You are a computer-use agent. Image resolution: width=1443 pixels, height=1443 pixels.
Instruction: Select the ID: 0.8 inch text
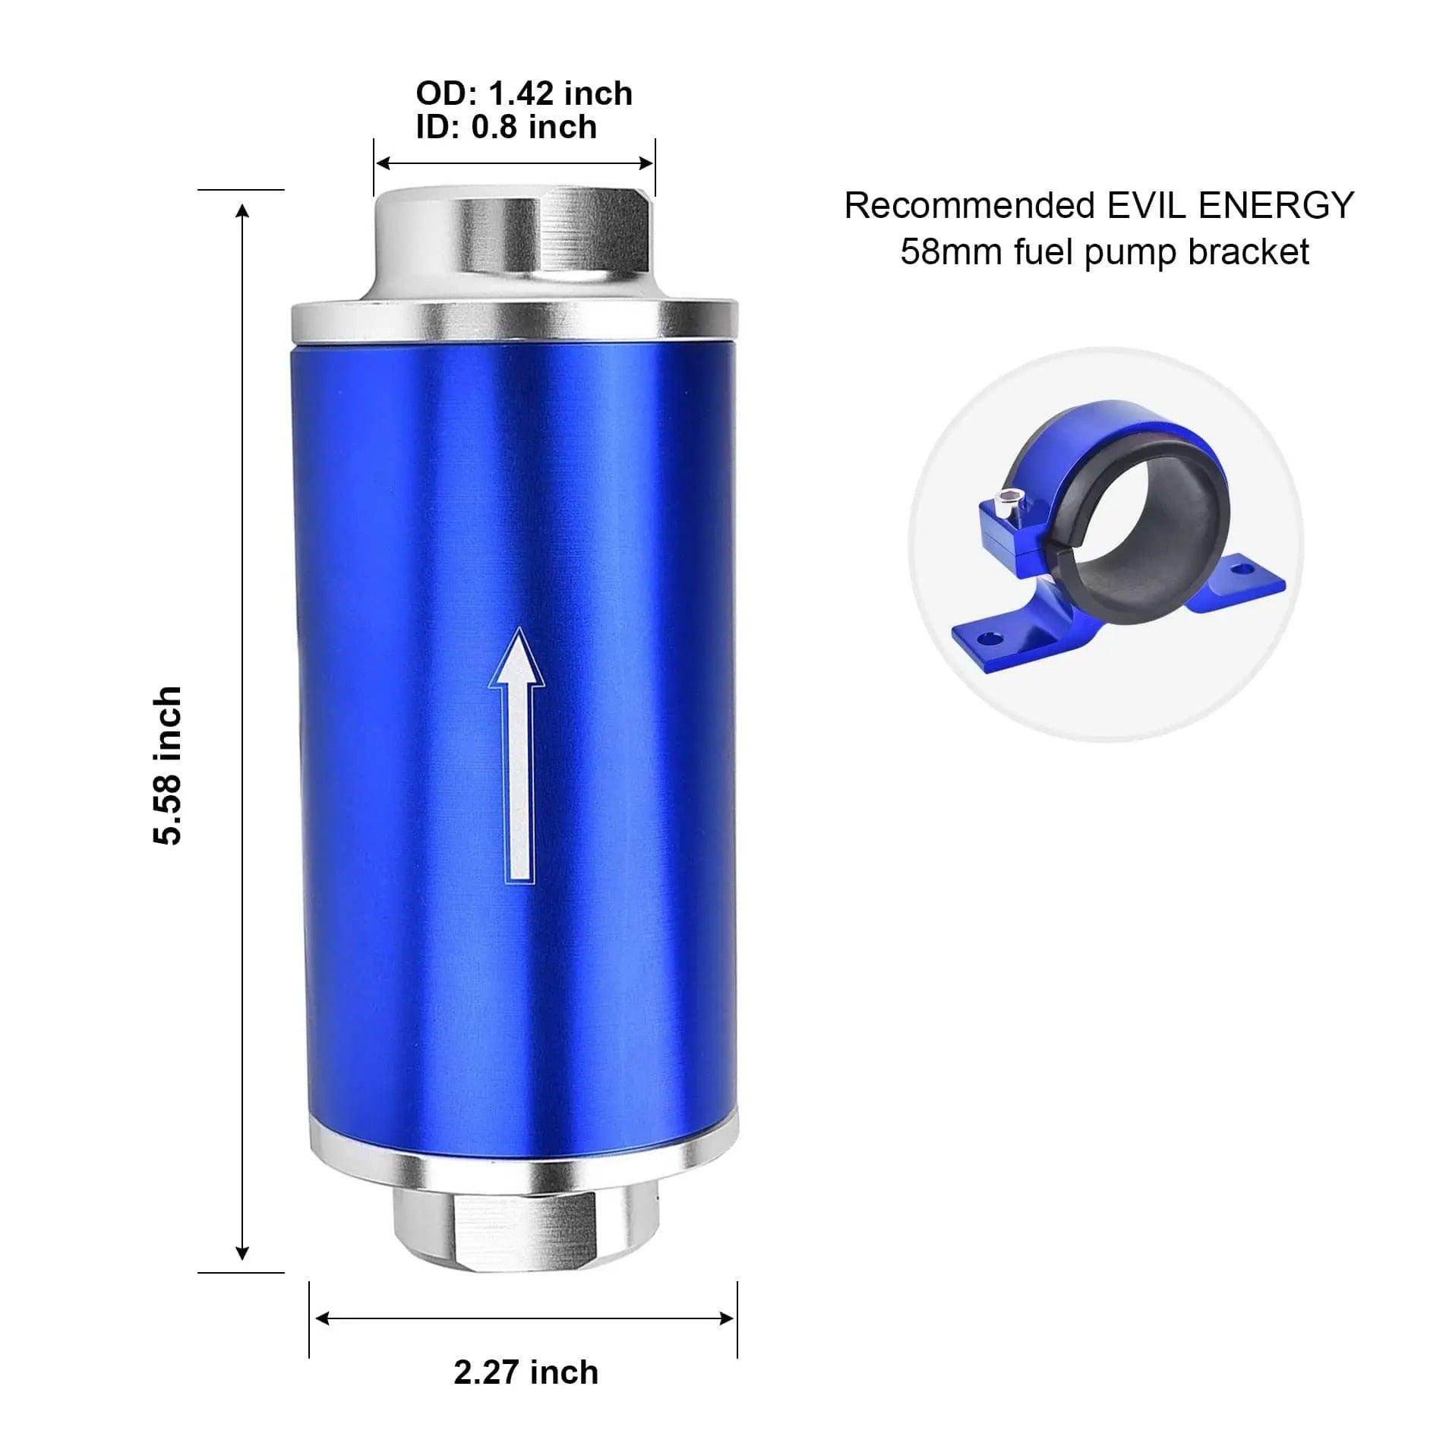[x=506, y=127]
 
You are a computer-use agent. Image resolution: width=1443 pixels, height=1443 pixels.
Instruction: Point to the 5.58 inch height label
[x=168, y=766]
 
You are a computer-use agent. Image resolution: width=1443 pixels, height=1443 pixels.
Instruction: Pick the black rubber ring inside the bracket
[x=1139, y=524]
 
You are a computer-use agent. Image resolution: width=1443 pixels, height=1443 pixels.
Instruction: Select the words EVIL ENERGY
[x=1230, y=205]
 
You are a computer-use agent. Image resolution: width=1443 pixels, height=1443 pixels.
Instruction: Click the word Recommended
[x=969, y=206]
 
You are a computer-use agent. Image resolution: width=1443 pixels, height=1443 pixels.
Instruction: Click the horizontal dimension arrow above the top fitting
[x=515, y=163]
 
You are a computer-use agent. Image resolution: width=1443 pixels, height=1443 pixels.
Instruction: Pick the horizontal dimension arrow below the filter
[x=524, y=1318]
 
